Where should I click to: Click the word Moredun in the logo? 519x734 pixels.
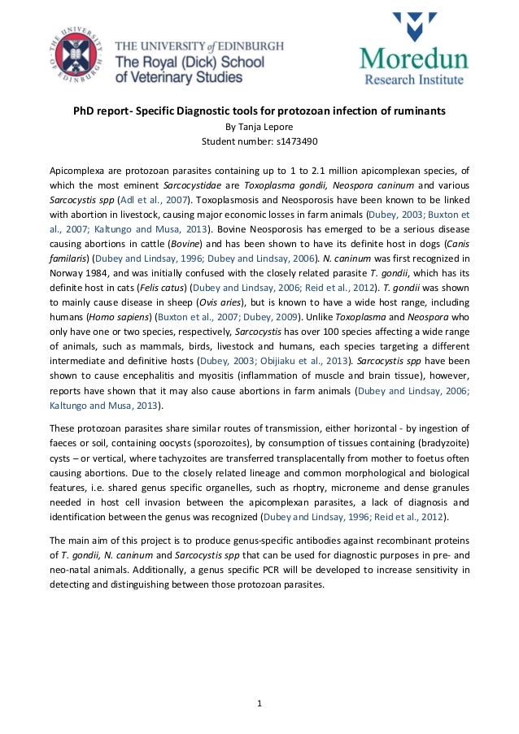tap(413, 59)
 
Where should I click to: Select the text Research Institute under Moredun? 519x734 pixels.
tap(413, 80)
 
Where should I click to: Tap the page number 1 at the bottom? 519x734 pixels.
tap(259, 702)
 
